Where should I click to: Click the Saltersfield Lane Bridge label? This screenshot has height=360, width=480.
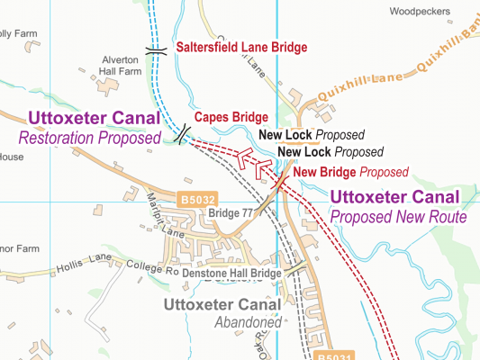[x=241, y=48]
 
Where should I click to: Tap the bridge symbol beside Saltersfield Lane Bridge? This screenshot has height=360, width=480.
[x=158, y=51]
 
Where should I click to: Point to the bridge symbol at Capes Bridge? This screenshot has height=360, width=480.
[x=183, y=134]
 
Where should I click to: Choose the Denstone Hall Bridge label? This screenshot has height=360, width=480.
[x=232, y=272]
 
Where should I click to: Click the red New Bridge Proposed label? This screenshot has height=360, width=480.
[x=350, y=172]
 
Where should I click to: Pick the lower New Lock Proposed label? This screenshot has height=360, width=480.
[x=331, y=152]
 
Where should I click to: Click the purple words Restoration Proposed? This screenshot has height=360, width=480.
[x=88, y=138]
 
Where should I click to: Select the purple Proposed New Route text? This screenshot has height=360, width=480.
[x=397, y=217]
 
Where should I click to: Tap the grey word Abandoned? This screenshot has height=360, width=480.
[x=248, y=322]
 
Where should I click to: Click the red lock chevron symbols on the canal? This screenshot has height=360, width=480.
[x=251, y=162]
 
